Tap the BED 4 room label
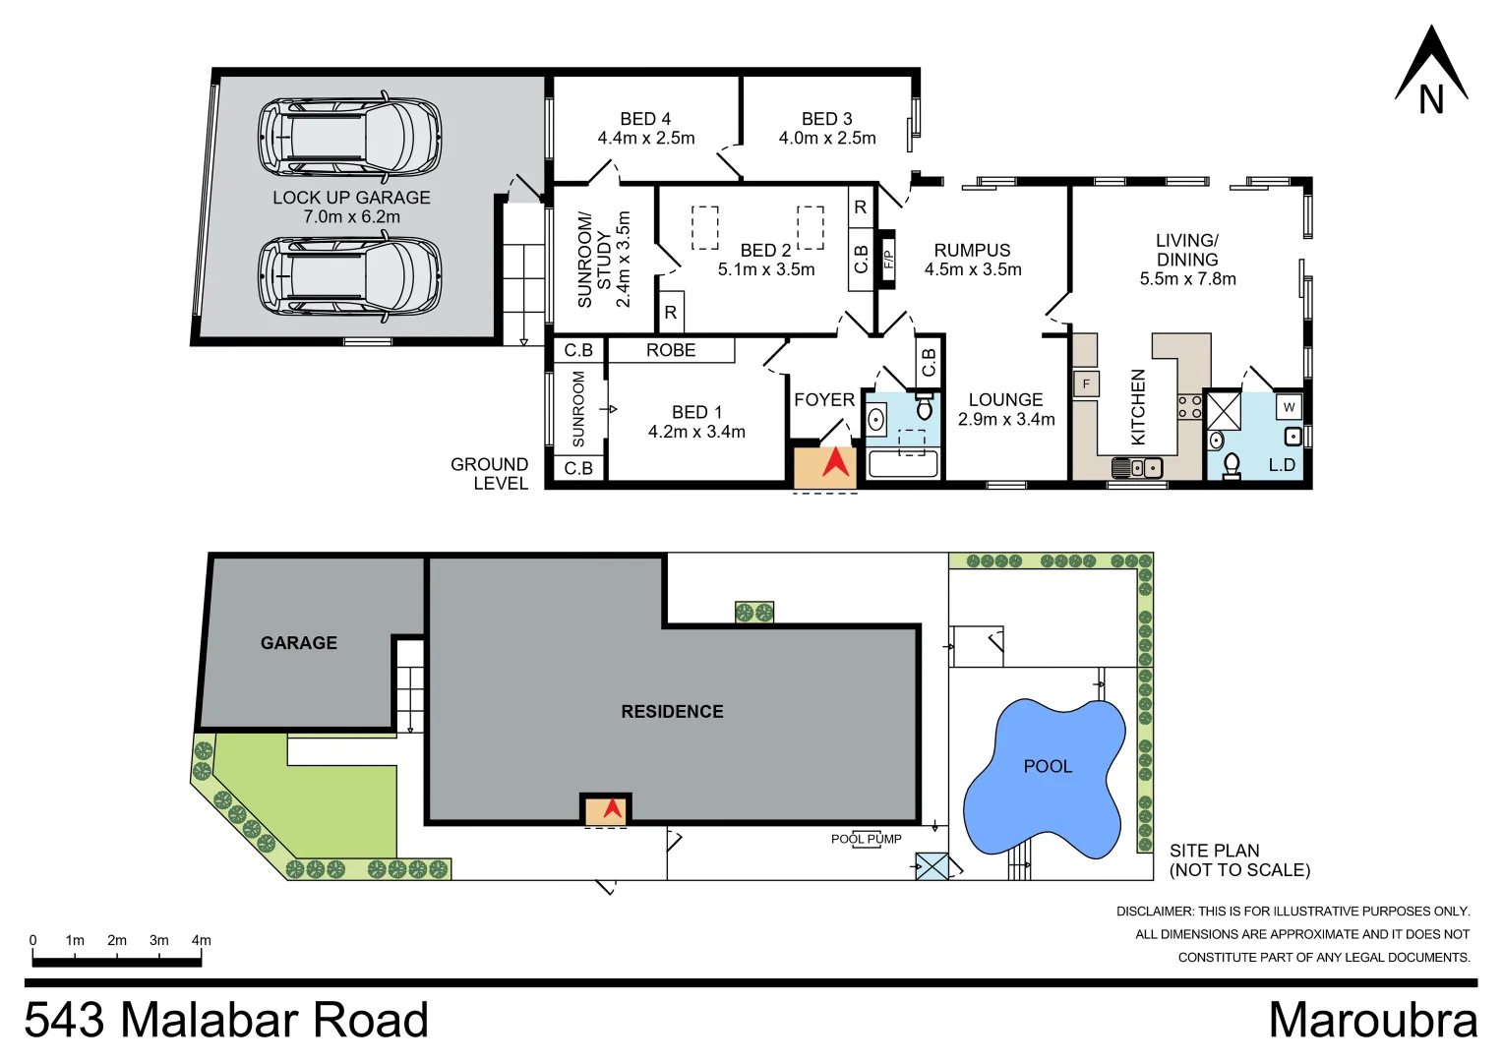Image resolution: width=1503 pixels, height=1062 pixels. [645, 119]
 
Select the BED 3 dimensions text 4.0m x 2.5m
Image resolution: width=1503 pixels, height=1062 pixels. [827, 139]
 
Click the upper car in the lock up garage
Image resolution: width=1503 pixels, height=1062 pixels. [349, 137]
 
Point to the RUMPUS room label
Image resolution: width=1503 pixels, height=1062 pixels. [972, 251]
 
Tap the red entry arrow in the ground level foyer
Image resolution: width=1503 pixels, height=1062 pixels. [835, 462]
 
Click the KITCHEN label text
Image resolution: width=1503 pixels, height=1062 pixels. [1138, 406]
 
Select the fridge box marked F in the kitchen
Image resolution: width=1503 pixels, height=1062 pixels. [1086, 383]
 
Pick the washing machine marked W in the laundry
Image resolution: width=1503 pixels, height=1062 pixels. [1289, 407]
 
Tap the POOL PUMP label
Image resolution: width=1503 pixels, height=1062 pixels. [866, 839]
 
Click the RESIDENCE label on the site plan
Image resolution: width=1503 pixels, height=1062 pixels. [672, 712]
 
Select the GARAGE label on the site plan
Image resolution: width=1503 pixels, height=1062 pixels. [299, 643]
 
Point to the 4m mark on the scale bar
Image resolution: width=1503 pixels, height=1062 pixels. [201, 941]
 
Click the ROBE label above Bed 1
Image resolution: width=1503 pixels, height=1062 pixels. [671, 350]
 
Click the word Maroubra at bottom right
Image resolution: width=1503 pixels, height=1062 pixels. [1372, 1020]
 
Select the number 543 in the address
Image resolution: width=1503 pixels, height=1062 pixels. [65, 1020]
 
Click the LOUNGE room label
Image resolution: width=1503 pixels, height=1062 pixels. [1005, 400]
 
